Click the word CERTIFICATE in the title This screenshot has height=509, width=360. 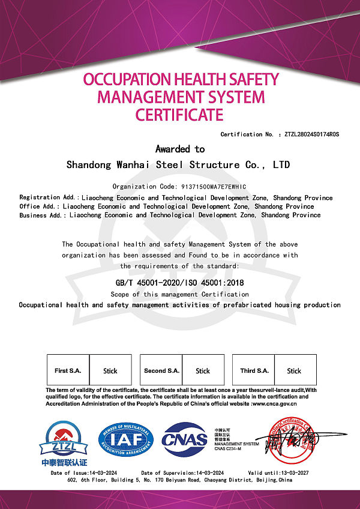pos(179,114)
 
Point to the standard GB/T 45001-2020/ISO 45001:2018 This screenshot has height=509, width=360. pos(180,283)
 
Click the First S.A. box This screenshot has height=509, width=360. pos(68,370)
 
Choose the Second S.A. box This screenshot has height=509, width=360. pos(161,370)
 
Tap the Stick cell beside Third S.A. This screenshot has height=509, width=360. pos(294,370)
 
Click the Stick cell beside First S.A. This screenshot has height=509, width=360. pos(110,370)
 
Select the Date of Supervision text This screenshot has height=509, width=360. pos(184,474)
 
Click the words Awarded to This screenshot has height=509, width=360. pos(180,149)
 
